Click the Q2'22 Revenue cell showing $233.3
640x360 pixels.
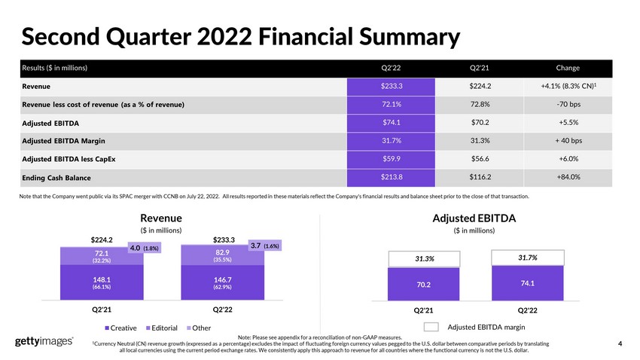click(391, 87)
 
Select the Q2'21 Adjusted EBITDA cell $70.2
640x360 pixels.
click(480, 123)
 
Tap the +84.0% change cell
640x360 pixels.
click(568, 177)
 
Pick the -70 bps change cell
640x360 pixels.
click(568, 105)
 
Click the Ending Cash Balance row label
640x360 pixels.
click(56, 178)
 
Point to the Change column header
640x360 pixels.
click(568, 68)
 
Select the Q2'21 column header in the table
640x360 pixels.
click(479, 68)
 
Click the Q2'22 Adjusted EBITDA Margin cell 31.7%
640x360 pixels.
click(391, 141)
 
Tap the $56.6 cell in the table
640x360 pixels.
click(480, 159)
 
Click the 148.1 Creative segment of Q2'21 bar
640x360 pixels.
click(102, 282)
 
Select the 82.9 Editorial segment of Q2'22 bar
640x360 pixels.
click(222, 255)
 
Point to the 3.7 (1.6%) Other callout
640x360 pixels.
click(265, 246)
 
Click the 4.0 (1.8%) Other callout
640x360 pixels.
click(145, 248)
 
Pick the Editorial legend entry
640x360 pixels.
click(162, 328)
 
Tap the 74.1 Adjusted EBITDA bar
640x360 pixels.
click(527, 283)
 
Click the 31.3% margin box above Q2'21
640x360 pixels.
click(424, 259)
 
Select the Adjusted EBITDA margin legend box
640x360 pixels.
click(431, 327)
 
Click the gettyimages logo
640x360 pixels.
click(44, 341)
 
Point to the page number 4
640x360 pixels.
click(620, 343)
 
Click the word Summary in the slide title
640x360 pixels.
click(410, 37)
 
